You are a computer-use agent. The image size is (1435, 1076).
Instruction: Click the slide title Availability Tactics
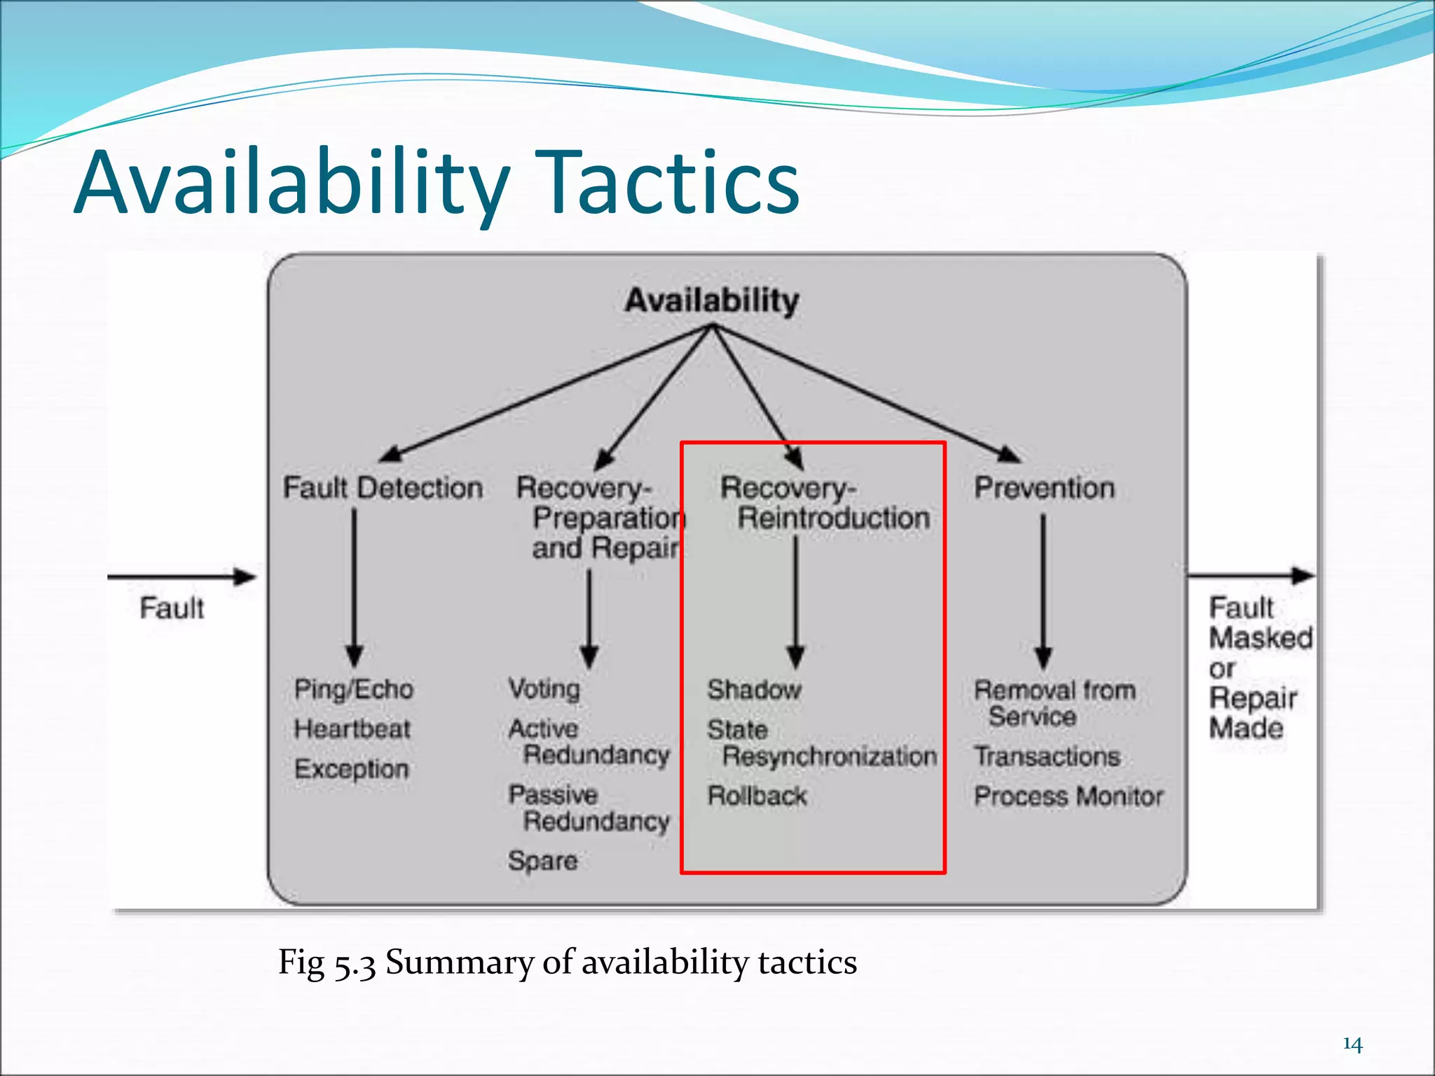point(437,184)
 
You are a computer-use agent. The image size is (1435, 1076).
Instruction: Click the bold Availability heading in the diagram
point(711,301)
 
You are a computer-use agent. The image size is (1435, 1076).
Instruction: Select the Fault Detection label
point(383,488)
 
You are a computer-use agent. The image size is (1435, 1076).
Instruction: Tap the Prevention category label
point(1044,488)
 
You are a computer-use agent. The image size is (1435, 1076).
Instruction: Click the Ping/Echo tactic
point(354,689)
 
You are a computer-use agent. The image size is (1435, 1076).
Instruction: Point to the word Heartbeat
point(352,729)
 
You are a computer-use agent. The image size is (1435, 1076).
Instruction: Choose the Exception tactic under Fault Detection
point(351,769)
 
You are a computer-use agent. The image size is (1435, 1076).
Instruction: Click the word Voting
point(544,689)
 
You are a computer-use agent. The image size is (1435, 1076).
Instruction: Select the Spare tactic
point(543,860)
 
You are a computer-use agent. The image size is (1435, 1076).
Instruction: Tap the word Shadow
point(754,690)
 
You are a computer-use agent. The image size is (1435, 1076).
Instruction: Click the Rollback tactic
point(757,796)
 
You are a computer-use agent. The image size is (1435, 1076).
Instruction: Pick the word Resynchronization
point(830,757)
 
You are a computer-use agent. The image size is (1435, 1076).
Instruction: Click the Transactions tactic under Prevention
point(1047,757)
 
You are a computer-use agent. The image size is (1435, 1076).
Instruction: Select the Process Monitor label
point(1069,796)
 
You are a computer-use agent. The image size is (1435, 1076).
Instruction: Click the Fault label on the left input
point(172,608)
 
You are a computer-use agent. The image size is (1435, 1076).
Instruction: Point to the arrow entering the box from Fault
point(182,577)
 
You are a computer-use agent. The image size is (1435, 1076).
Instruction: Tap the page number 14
point(1352,1044)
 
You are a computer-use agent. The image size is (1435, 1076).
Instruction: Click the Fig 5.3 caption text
point(567,962)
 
